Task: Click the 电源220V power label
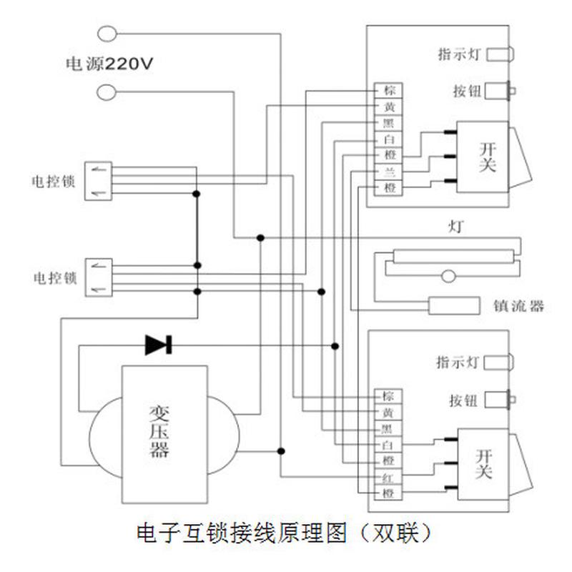tap(109, 63)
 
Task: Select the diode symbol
tap(157, 345)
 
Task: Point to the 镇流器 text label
tap(518, 306)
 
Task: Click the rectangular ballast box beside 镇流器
tap(453, 305)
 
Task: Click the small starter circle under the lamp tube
tap(448, 275)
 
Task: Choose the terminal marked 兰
tap(389, 172)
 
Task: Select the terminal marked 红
tap(388, 477)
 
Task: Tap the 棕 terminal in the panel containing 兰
tap(389, 91)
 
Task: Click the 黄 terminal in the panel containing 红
tap(388, 412)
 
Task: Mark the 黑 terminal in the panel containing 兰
tap(389, 123)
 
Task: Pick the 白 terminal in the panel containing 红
tap(388, 445)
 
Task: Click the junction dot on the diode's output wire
tap(334, 345)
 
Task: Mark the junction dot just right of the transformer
tap(281, 450)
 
